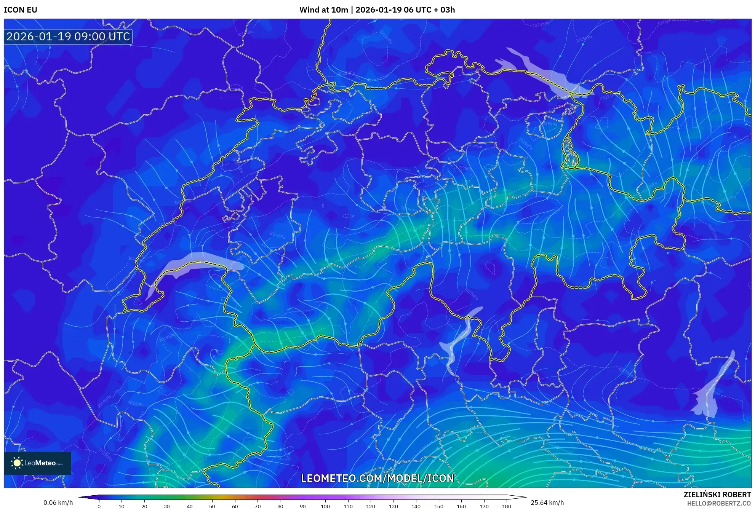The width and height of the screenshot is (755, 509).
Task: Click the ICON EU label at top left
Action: pos(21,10)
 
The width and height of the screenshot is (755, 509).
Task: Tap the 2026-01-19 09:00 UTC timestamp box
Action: pos(68,37)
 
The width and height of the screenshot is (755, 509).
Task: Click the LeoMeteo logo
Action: pos(37,463)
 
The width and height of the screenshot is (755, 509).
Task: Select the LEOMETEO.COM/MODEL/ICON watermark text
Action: pos(377,478)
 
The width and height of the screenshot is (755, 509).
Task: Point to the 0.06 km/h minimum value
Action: pos(58,503)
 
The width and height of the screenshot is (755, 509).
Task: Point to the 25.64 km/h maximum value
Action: pos(547,503)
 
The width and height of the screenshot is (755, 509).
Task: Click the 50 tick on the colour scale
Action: pos(212,506)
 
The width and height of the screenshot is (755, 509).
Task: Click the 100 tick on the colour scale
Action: pos(325,506)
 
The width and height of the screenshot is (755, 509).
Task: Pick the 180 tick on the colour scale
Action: pos(506,506)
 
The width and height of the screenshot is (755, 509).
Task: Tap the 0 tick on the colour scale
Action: pos(99,506)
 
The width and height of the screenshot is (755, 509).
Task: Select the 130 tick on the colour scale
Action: pos(393,506)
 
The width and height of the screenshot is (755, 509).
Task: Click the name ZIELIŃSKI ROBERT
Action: pos(717,495)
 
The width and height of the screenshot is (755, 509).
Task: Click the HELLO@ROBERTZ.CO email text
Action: pos(719,503)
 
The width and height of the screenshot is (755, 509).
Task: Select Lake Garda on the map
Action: pos(710,396)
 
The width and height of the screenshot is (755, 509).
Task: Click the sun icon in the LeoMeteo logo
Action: pos(17,463)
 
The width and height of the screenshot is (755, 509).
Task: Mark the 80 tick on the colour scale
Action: pos(280,506)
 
